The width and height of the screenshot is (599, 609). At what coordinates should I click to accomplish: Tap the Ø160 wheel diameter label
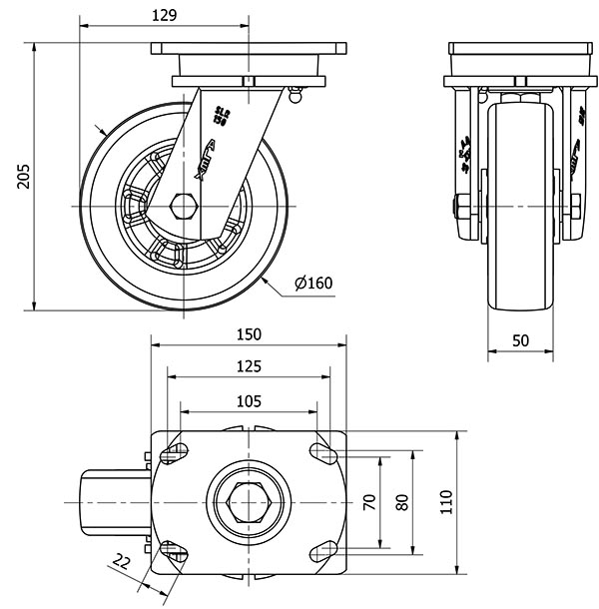coord(313,284)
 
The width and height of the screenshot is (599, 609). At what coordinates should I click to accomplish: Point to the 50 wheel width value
coord(521,340)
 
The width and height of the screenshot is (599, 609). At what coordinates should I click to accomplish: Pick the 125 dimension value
coord(250,366)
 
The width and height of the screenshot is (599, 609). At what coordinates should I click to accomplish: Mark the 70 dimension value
coord(369,502)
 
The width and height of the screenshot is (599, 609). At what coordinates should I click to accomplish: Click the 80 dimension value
coord(402,502)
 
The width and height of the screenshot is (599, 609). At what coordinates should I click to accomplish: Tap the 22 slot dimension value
coord(122,562)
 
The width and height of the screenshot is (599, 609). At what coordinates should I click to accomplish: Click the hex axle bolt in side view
coord(183,205)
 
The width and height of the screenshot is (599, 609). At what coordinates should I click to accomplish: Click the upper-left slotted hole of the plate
coord(176,452)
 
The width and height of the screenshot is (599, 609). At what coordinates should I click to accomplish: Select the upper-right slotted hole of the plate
coord(322,452)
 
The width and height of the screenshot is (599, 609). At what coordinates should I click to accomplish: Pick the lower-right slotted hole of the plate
coord(322,549)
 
